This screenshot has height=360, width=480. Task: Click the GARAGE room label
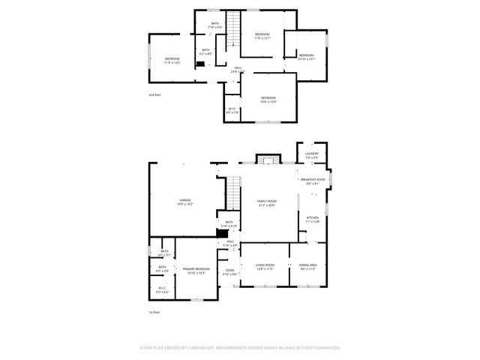(x=184, y=200)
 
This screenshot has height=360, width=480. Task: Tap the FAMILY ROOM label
(x=267, y=201)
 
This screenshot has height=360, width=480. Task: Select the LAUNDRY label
(x=312, y=154)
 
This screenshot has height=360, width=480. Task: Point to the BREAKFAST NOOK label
(x=313, y=179)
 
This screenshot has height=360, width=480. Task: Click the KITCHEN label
(x=313, y=217)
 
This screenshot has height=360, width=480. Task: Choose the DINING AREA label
(x=307, y=265)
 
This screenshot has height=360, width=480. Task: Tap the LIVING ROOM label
(x=265, y=265)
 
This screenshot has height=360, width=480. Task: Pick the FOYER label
(x=229, y=270)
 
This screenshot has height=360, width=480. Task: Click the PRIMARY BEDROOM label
(x=194, y=268)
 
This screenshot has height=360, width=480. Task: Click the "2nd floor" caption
(x=155, y=95)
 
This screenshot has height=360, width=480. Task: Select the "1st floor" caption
(x=154, y=312)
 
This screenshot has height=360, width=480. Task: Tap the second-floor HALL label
(x=237, y=68)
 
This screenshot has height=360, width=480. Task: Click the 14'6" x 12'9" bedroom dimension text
(x=268, y=102)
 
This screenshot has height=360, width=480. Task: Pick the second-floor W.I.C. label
(x=232, y=109)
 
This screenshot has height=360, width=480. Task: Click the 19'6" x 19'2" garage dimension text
(x=184, y=204)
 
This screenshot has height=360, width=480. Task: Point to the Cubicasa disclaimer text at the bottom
(x=240, y=348)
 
